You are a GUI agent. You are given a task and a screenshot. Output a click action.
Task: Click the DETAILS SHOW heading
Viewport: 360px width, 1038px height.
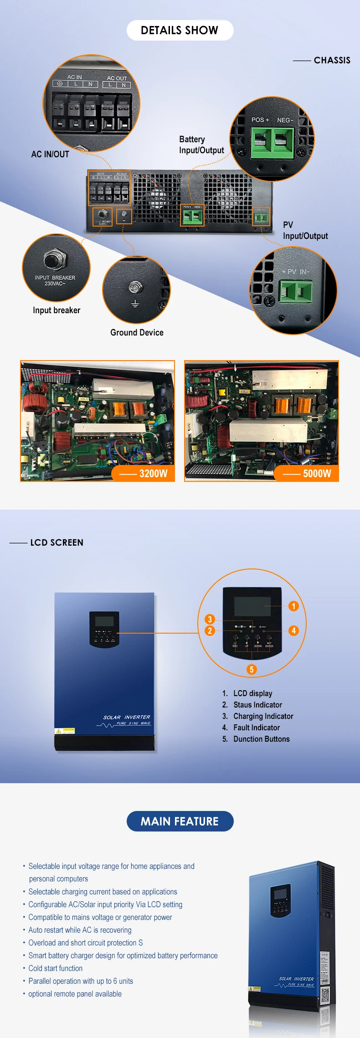coord(180,31)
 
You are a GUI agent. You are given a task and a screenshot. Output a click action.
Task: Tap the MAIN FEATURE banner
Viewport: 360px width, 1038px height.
coord(180,821)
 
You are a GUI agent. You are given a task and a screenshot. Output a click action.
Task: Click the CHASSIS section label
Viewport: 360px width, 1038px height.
coord(332,60)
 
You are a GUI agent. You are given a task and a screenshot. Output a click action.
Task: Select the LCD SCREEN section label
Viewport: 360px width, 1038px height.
coord(57,542)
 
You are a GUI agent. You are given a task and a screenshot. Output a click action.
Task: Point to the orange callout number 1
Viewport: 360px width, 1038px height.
coord(293,606)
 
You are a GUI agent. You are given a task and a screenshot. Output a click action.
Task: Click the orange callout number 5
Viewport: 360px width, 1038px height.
coord(252,669)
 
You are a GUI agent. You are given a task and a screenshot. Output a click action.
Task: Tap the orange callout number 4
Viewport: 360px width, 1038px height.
coord(293,630)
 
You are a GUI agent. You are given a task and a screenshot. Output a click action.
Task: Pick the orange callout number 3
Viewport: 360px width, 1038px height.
coord(210,619)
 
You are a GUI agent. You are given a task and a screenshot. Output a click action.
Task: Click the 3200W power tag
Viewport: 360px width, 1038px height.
coord(153,474)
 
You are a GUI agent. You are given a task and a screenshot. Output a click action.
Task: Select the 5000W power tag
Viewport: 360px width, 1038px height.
coord(317,474)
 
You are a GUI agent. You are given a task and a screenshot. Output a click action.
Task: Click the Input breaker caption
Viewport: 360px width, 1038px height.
coord(57,310)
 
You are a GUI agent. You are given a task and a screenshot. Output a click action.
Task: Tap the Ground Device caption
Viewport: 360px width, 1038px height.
coord(137,333)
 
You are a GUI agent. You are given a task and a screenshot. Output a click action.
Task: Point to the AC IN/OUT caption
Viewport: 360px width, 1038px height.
coord(50,155)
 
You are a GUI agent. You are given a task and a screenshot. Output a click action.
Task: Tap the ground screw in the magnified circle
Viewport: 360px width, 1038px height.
coord(135,287)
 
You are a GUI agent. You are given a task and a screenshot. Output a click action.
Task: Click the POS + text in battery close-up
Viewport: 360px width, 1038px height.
coord(260,120)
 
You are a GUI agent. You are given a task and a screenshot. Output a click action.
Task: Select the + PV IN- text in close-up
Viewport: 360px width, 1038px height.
coord(295,272)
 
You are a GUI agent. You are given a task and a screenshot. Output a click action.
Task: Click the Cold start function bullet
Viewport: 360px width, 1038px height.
coord(56,968)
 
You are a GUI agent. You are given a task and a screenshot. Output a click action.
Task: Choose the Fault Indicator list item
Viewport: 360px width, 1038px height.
coord(257,728)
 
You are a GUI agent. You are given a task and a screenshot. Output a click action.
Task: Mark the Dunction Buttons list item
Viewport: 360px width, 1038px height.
coord(261,739)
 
